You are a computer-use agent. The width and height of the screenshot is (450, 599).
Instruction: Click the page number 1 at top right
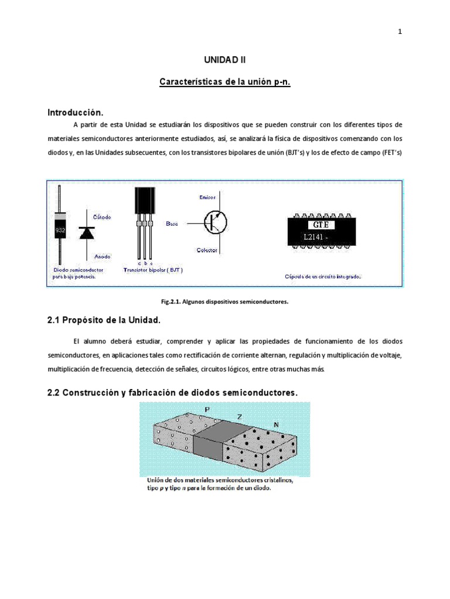coord(400,32)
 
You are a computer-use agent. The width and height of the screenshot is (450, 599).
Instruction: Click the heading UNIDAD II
coord(225,60)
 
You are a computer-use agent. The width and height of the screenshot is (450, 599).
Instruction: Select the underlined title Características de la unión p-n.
coord(225,82)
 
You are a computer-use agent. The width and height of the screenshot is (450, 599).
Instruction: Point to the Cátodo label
coord(101,217)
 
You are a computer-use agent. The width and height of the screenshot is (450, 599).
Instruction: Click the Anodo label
coord(102,256)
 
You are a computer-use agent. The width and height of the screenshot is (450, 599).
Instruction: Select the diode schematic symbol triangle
coord(87,233)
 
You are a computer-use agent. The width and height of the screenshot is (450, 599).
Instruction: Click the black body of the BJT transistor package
coord(144,202)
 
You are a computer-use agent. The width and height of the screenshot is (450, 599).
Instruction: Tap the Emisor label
coord(207,198)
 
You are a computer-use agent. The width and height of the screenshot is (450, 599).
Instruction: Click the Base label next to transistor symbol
coord(172,223)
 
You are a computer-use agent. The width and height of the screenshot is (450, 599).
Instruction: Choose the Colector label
coord(207,250)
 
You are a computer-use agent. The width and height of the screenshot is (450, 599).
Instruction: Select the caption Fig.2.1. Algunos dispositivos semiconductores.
coord(225,302)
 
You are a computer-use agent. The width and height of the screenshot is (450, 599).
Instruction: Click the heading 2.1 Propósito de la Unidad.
coord(103,321)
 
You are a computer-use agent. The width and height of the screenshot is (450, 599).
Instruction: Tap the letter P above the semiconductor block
coord(207,409)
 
